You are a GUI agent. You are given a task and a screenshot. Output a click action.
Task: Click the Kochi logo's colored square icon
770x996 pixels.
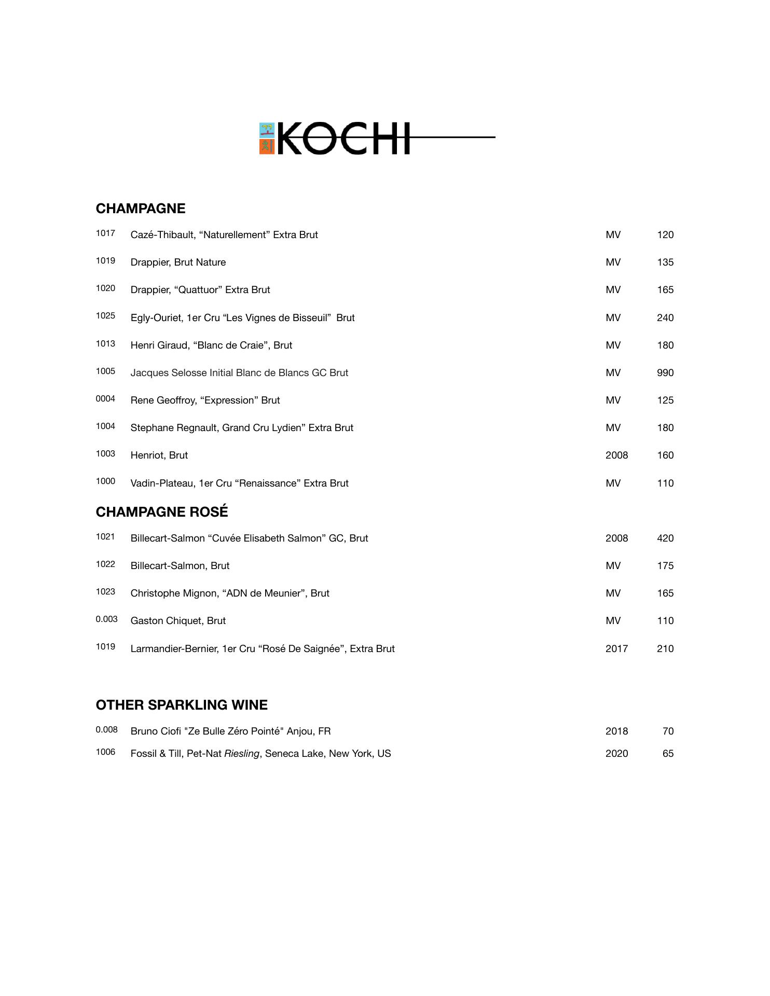point(267,139)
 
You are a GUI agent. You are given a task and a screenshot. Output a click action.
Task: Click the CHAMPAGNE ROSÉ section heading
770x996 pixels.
point(162,512)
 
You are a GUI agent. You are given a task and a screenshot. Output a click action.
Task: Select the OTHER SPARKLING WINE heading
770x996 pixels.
point(182,705)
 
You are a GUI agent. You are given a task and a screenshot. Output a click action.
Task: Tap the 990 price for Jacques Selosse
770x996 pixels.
point(665,373)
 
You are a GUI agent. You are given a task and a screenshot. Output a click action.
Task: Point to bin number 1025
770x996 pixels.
point(105,316)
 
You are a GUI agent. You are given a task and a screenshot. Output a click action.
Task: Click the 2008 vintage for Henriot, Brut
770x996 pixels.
point(616,455)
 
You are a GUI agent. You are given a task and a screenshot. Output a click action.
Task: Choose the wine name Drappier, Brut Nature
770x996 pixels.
point(178,262)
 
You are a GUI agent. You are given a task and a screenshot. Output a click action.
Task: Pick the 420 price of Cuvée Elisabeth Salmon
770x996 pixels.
point(665,538)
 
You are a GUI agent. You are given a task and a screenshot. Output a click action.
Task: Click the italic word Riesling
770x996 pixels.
point(241,754)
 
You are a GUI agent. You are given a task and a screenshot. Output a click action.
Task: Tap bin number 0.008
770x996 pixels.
point(106,730)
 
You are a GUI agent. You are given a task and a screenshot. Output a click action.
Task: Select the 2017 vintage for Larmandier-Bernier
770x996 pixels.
point(616,649)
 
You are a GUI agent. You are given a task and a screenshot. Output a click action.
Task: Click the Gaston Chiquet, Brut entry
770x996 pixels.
point(178,621)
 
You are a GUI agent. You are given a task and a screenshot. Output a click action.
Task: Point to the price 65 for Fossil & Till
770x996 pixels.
point(668,754)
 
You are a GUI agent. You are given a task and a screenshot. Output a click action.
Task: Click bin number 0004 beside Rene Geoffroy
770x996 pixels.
point(105,399)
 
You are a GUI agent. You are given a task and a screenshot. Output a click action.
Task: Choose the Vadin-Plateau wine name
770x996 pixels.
point(239,483)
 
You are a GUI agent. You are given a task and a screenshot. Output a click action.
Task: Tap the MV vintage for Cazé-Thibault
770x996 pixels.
point(613,235)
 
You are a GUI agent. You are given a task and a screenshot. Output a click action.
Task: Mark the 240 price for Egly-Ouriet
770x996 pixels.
point(665,318)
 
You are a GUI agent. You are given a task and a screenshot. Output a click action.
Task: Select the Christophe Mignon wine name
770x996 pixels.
point(230,593)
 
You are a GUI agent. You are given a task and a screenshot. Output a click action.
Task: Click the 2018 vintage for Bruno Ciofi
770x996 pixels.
point(616,731)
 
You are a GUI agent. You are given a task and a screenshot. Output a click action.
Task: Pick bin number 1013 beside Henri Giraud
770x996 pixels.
point(105,344)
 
